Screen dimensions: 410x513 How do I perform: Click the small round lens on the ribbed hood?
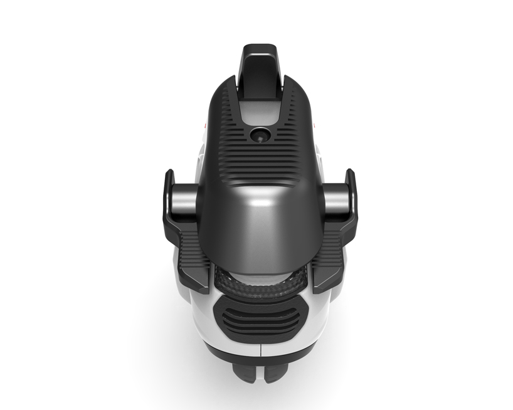click(259, 134)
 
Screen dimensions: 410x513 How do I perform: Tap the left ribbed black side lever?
click(191, 257)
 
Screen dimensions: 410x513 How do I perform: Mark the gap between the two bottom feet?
click(259, 374)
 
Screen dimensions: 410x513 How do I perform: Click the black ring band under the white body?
click(258, 360)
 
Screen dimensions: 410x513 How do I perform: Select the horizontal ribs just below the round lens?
click(258, 154)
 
